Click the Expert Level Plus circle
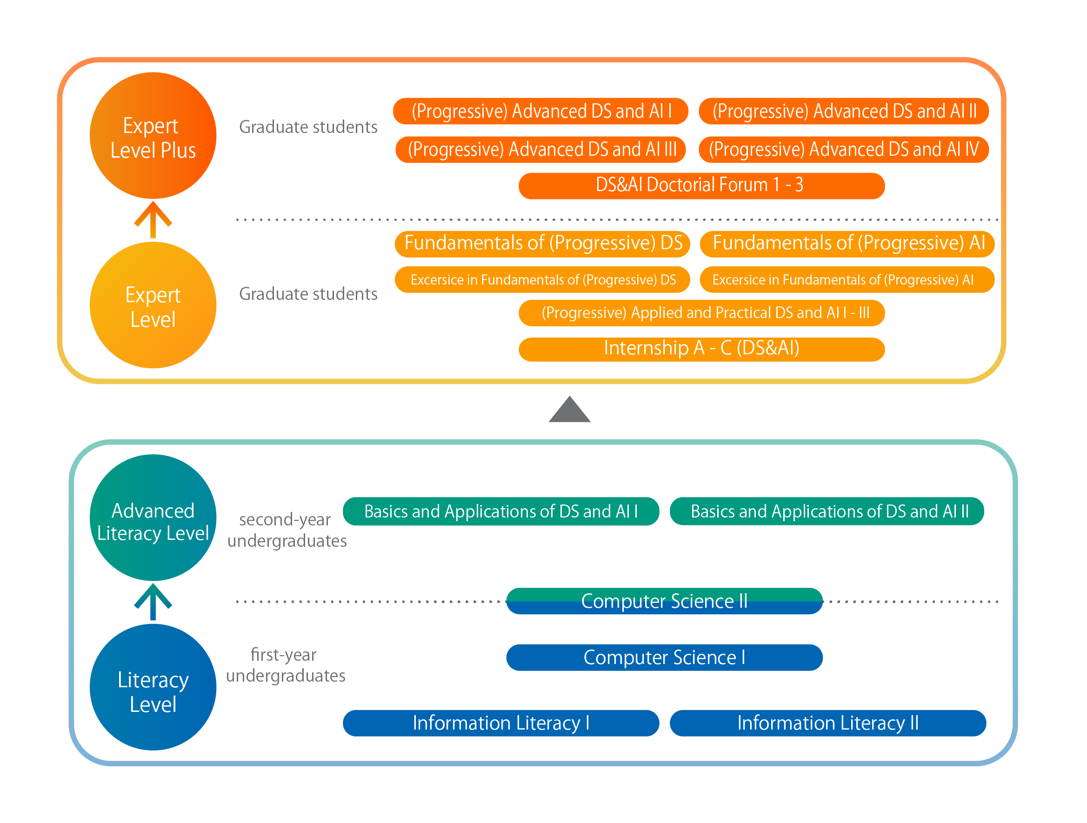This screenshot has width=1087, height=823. [153, 136]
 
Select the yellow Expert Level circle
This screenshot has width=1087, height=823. [153, 305]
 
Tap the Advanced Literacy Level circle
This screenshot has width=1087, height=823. [153, 518]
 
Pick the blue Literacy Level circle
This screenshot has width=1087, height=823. [153, 687]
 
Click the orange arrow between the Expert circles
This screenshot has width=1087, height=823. [153, 219]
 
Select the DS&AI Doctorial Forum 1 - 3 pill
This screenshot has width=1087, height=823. [702, 186]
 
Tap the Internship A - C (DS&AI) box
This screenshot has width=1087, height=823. [702, 349]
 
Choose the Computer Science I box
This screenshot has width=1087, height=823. [664, 658]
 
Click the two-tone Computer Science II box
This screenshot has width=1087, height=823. [664, 601]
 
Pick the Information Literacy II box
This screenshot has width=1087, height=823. [828, 723]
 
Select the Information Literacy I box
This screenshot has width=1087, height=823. [501, 723]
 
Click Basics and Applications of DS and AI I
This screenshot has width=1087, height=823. [501, 511]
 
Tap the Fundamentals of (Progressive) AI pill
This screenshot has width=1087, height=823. [847, 244]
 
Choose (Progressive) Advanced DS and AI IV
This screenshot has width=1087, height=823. [844, 149]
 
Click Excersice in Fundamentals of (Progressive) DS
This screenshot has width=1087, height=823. [542, 279]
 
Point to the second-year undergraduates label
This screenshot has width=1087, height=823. [287, 530]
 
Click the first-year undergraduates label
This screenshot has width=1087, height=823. [286, 665]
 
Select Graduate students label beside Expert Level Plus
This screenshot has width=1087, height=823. [308, 127]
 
